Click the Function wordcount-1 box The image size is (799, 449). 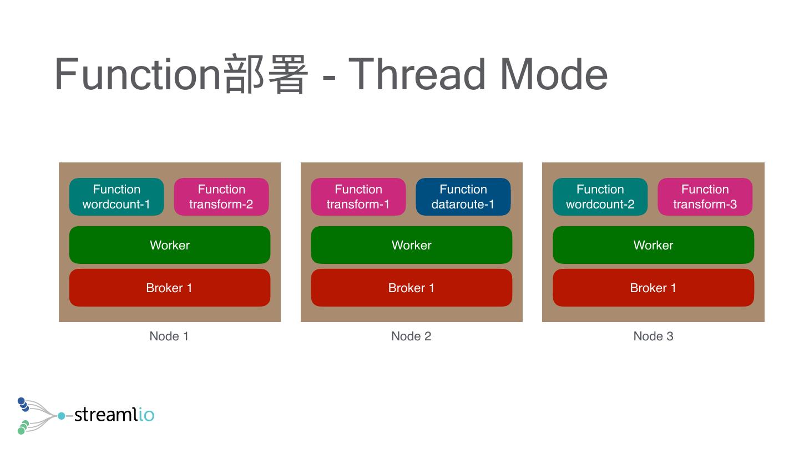pyautogui.click(x=117, y=197)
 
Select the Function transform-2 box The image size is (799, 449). pyautogui.click(x=221, y=197)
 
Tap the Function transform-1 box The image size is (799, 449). pyautogui.click(x=358, y=197)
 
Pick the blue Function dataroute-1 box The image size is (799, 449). pyautogui.click(x=463, y=197)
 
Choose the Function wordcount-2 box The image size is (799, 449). pyautogui.click(x=600, y=197)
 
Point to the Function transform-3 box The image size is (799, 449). pyautogui.click(x=705, y=197)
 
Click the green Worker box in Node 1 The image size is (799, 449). pyautogui.click(x=170, y=245)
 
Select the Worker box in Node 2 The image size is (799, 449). pyautogui.click(x=412, y=245)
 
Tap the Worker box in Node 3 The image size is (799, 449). pyautogui.click(x=654, y=245)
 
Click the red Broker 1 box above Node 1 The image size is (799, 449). pyautogui.click(x=170, y=288)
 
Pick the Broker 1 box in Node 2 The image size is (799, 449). pyautogui.click(x=412, y=288)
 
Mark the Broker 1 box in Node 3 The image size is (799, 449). pyautogui.click(x=654, y=288)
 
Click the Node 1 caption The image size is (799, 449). pyautogui.click(x=169, y=336)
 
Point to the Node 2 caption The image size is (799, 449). pyautogui.click(x=411, y=336)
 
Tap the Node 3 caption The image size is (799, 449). pyautogui.click(x=653, y=336)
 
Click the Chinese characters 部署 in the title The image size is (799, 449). pyautogui.click(x=265, y=74)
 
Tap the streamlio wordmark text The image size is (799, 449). pyautogui.click(x=114, y=414)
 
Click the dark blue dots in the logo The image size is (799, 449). pyautogui.click(x=23, y=404)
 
